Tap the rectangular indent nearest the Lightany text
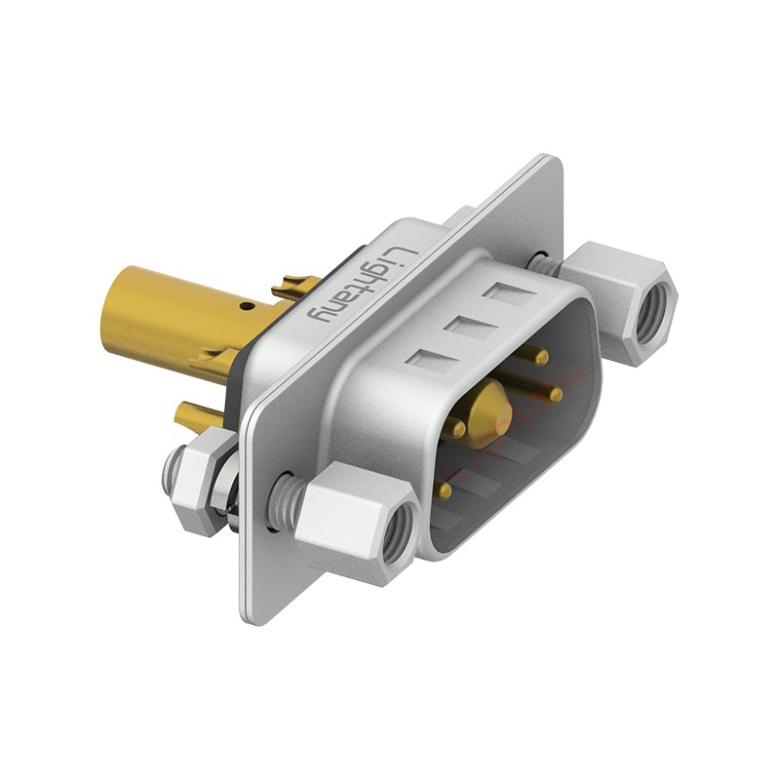(429, 362)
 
